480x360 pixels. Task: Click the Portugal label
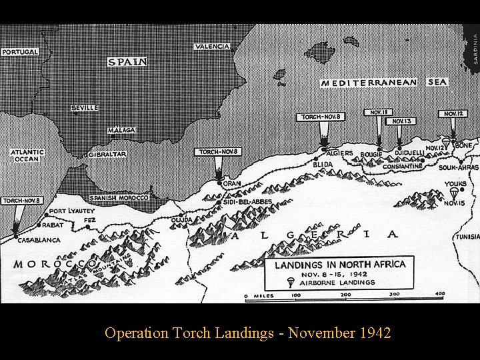20,52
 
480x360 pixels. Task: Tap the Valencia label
212,47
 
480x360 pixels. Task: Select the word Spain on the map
127,61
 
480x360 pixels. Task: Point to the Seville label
85,107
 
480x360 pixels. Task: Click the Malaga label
121,130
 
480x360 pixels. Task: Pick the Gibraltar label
107,154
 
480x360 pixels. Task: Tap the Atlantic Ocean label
27,155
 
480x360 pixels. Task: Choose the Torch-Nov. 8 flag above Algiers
321,117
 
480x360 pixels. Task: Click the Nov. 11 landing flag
378,112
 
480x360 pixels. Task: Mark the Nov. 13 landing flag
401,121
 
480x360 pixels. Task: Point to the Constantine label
402,166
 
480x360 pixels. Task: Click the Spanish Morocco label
119,198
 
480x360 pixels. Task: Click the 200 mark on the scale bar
345,294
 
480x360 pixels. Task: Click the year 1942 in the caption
377,332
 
